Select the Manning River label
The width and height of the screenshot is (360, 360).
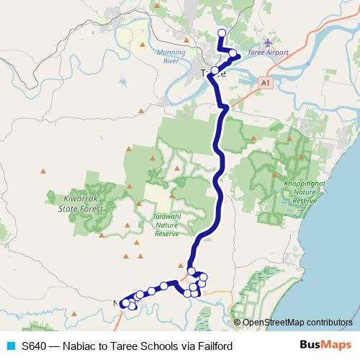click(x=171, y=57)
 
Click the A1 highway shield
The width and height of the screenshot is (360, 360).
click(x=266, y=84)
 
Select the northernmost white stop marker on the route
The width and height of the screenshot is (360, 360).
click(x=222, y=32)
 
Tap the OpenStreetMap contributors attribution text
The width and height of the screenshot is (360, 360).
click(x=297, y=323)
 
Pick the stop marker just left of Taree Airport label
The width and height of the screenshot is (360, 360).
click(x=233, y=53)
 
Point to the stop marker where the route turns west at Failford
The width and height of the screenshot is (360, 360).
click(x=192, y=271)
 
